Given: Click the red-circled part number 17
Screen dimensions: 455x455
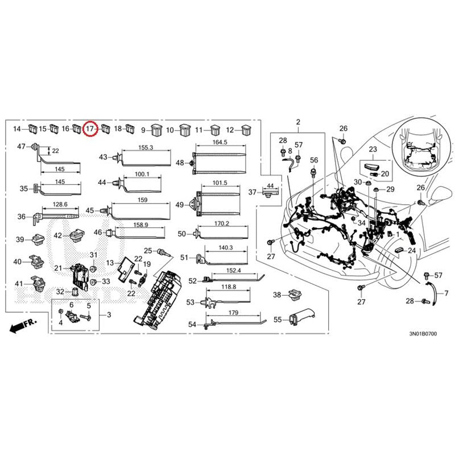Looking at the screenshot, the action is coord(91,129).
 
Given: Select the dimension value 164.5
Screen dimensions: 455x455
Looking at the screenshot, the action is coord(220,142).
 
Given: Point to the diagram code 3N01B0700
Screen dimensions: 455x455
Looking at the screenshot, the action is coord(423,333).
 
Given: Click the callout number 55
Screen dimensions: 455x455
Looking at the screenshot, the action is coord(278,320).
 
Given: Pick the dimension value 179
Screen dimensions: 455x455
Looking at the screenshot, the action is coord(233,312).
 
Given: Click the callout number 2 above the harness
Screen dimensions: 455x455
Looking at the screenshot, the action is coord(298,122).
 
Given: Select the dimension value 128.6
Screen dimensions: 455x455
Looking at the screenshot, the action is coord(60,204).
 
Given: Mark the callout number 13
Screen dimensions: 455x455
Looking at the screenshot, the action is coord(110,263).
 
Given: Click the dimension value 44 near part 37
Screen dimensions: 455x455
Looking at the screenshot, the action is coord(270,185).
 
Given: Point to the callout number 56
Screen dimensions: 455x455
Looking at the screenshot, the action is coord(314,160).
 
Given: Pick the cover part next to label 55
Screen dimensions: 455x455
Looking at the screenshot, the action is coord(302,316).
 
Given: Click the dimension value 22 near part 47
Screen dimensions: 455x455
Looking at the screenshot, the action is coord(55,151).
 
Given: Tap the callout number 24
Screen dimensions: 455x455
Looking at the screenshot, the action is coord(412,250).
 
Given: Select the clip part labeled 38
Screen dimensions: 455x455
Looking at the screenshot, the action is coord(295,295).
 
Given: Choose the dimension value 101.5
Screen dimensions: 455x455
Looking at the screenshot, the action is coord(220,183).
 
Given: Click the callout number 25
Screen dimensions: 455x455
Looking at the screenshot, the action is coord(148,251).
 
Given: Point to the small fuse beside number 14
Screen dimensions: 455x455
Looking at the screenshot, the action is coord(32,129).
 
